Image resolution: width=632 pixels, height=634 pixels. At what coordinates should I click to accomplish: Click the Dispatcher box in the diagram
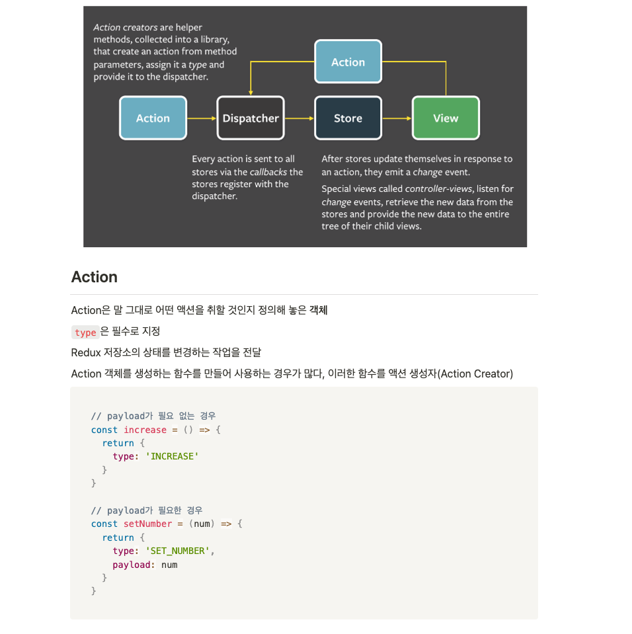coord(251,118)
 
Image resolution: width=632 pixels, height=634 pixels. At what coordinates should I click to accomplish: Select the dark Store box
coord(348,118)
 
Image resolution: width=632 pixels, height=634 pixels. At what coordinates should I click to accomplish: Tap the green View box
coord(446,118)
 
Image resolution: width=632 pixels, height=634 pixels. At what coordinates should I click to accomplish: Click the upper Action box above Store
coord(348,62)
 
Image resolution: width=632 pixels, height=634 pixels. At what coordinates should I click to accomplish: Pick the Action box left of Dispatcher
coord(153,118)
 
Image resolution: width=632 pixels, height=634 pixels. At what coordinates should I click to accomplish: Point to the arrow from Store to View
coord(397,118)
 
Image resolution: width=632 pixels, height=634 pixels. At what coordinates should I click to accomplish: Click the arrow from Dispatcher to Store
coord(299,118)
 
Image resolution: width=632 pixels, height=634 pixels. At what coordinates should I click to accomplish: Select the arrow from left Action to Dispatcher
coord(202,118)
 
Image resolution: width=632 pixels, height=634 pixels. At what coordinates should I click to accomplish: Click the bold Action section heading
coord(95,277)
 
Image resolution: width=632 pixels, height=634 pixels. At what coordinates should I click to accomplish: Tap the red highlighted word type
coord(85,332)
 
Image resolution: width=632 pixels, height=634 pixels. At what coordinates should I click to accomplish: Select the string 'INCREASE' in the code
coord(172,456)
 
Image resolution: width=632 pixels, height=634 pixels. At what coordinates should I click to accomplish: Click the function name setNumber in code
coord(147,524)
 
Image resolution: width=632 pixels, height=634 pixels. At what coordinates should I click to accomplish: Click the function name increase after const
coord(145,430)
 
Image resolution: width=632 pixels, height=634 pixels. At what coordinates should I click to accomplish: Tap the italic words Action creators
coord(125,27)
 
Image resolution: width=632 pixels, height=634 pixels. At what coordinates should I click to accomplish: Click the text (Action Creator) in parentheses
coord(476,374)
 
